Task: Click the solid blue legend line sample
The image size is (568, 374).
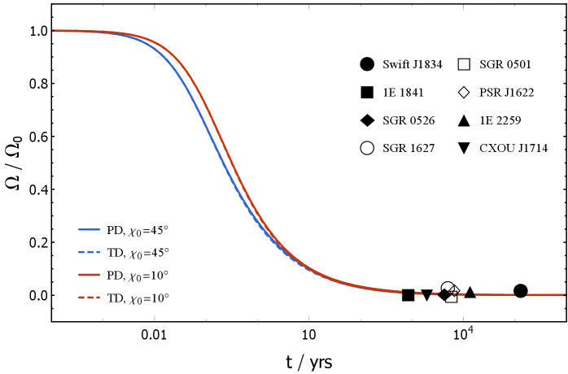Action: (89, 229)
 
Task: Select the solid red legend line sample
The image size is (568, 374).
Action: (89, 275)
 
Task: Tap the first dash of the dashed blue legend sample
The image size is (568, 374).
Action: (81, 252)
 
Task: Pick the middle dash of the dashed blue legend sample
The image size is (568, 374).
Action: (89, 252)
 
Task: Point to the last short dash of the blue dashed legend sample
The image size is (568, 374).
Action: (98, 252)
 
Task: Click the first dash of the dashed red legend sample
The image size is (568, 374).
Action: (81, 298)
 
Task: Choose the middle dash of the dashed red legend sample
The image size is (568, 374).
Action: (89, 298)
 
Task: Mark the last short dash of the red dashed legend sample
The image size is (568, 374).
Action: (98, 298)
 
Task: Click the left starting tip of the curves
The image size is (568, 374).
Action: (54, 31)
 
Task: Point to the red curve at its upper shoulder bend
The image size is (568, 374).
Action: (167, 49)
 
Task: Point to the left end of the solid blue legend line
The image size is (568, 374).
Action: (78, 229)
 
